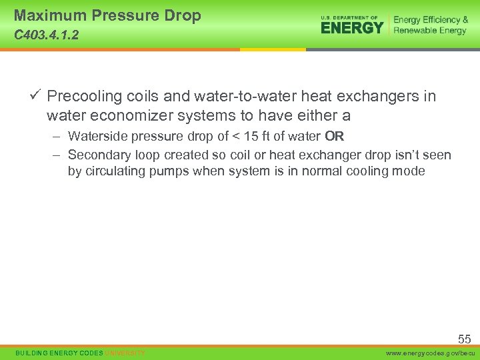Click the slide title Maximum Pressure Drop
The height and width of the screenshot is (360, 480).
107,16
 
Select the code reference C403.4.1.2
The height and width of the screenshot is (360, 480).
46,35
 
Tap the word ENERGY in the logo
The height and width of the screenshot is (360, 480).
352,28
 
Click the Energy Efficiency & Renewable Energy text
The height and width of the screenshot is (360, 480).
430,25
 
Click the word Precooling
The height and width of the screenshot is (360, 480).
85,97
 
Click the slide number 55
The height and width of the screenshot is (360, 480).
464,339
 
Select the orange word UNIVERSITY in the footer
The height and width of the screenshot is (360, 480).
125,353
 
